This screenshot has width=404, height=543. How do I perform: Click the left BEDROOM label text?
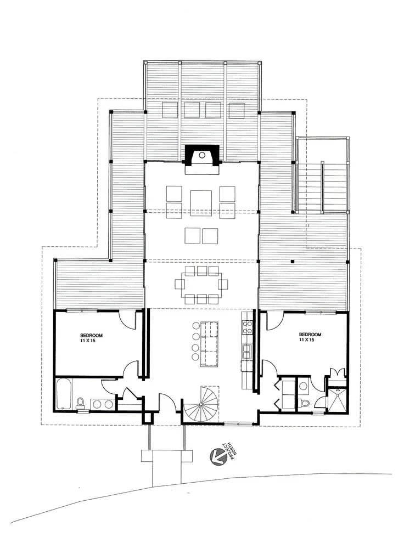pyautogui.click(x=92, y=335)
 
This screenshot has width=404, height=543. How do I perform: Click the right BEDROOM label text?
pyautogui.click(x=310, y=335)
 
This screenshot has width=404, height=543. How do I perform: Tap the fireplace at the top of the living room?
pyautogui.click(x=202, y=159)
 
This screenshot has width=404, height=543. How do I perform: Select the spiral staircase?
pyautogui.click(x=201, y=404)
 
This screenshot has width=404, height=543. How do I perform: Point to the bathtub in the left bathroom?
pyautogui.click(x=64, y=394)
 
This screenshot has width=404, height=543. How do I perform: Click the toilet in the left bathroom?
pyautogui.click(x=80, y=403)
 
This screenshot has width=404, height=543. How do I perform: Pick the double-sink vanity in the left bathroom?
pyautogui.click(x=103, y=404)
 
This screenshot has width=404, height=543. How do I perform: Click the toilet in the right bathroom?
pyautogui.click(x=304, y=403)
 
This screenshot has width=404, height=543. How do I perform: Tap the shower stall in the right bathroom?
pyautogui.click(x=338, y=399)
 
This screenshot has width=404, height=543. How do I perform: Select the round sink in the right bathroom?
pyautogui.click(x=304, y=386)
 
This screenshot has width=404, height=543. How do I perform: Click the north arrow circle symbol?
pyautogui.click(x=217, y=457)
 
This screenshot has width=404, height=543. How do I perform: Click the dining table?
pyautogui.click(x=201, y=285)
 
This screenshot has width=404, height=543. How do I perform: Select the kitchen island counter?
pyautogui.click(x=209, y=344)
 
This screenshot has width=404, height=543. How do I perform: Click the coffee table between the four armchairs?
pyautogui.click(x=201, y=202)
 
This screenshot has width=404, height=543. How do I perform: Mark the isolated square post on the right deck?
pyautogui.click(x=293, y=262)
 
